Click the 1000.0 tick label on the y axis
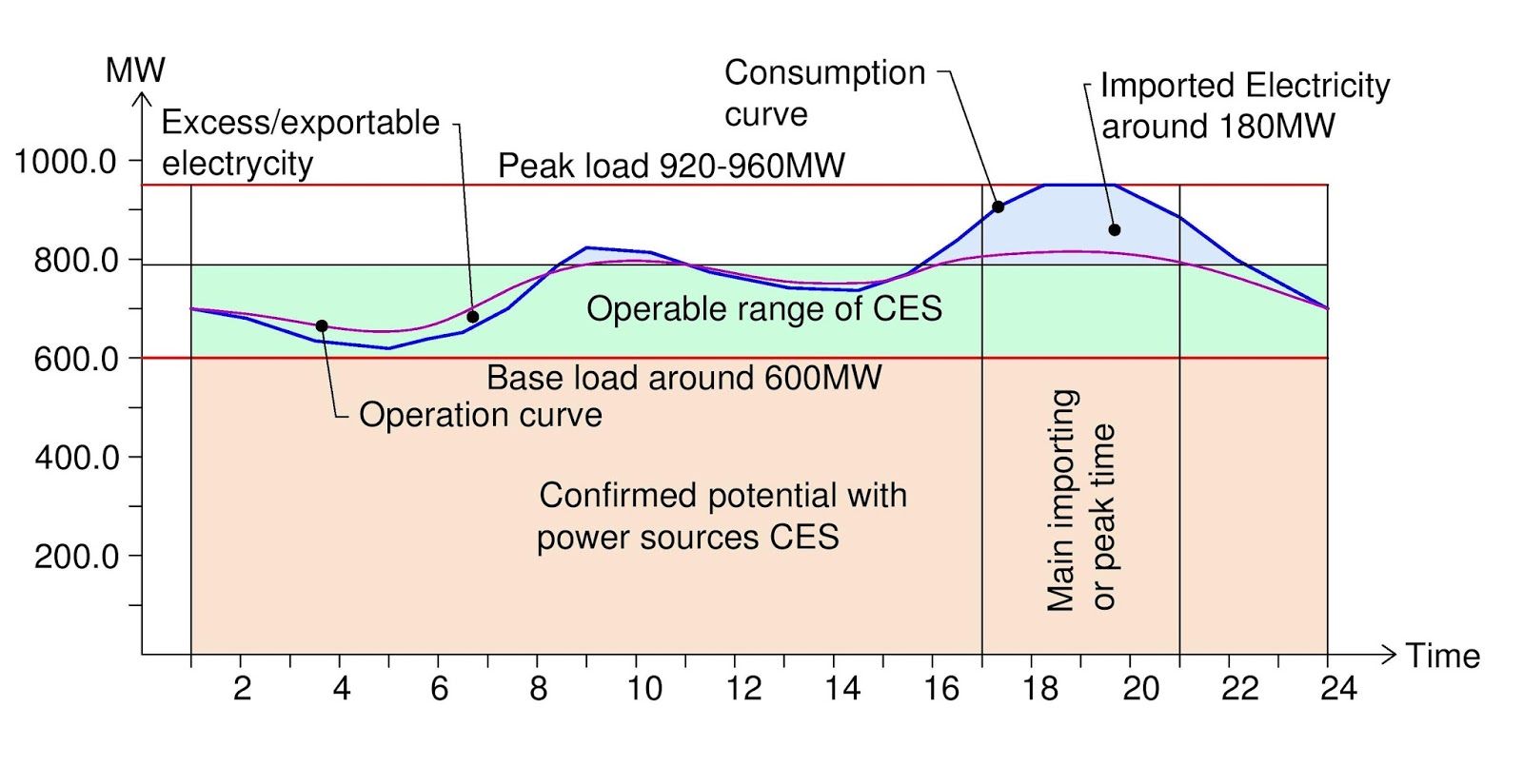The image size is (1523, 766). [65, 162]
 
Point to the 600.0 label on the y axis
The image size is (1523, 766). [76, 360]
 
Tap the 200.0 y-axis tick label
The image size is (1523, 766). [76, 557]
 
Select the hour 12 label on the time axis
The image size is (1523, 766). [743, 688]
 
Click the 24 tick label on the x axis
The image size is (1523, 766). [1337, 688]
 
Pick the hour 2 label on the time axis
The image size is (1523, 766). [242, 688]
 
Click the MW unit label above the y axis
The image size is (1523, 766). [135, 70]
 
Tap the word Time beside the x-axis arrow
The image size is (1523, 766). [1443, 657]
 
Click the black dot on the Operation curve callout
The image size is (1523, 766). [322, 326]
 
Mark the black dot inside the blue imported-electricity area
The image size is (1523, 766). [1115, 230]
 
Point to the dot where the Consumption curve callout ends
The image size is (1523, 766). [999, 206]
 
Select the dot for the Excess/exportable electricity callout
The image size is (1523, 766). [473, 317]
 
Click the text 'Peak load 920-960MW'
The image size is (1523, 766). [671, 167]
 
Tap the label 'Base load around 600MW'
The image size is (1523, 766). [683, 378]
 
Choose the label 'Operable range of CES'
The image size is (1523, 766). [764, 309]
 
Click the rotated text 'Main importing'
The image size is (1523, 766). [1062, 500]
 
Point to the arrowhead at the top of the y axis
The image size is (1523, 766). [142, 98]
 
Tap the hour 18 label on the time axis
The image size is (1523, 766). [1040, 688]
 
